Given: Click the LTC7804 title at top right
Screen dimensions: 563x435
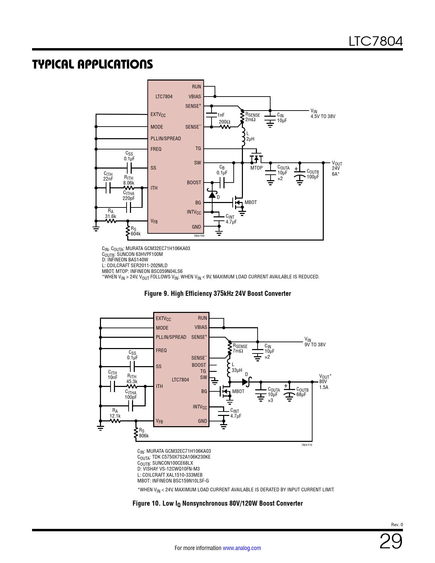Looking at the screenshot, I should coord(375,41).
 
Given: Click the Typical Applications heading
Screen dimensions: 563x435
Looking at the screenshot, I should coord(92,64).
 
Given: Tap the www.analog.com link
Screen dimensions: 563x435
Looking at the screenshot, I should coord(242,548).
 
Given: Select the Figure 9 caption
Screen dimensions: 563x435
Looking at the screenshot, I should coord(217,293).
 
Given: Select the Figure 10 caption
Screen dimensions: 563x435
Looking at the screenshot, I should coord(217,503).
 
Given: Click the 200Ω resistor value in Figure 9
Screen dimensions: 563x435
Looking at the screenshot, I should coord(224,122).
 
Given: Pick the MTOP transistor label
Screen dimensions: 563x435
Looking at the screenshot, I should coord(257,168).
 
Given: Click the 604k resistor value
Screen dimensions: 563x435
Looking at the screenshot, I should coord(135,234).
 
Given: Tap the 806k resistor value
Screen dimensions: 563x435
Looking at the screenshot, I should coord(144,436).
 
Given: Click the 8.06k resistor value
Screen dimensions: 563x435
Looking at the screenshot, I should coord(129,183).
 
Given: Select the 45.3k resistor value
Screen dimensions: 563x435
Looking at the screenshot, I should coord(132,381).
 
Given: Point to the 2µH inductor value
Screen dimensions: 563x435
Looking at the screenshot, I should coord(250,139).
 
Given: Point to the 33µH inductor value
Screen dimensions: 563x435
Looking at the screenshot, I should coord(237,370).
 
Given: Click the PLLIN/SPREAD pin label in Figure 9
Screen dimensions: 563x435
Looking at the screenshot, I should coord(166,139).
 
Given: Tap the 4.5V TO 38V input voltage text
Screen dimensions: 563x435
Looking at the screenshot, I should coord(323,116).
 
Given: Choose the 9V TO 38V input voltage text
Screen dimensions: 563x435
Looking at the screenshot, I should coord(315,345).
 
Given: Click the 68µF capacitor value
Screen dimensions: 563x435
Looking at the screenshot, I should coord(301,394).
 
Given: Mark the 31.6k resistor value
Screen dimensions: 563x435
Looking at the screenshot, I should coord(111,216).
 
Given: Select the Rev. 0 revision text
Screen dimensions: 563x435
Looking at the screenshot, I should coord(397,525).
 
